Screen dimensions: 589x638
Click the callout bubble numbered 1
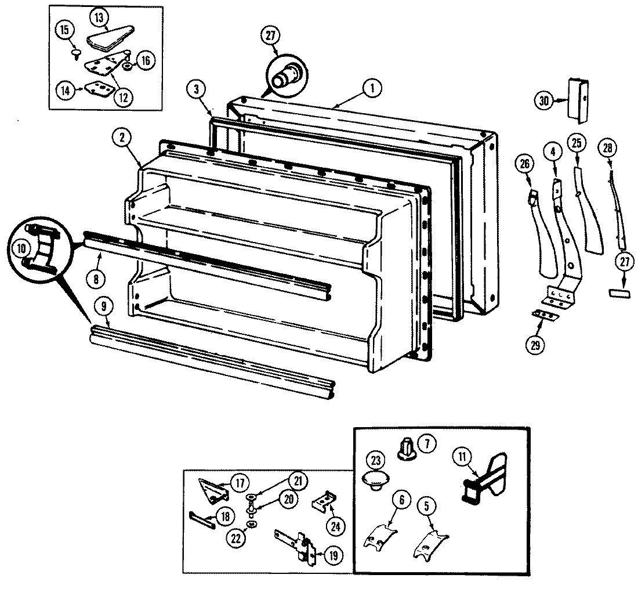[372, 89]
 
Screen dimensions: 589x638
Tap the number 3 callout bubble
[197, 89]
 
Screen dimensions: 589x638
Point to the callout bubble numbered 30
[543, 100]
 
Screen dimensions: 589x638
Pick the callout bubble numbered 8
[96, 278]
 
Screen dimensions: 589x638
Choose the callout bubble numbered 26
[524, 165]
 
